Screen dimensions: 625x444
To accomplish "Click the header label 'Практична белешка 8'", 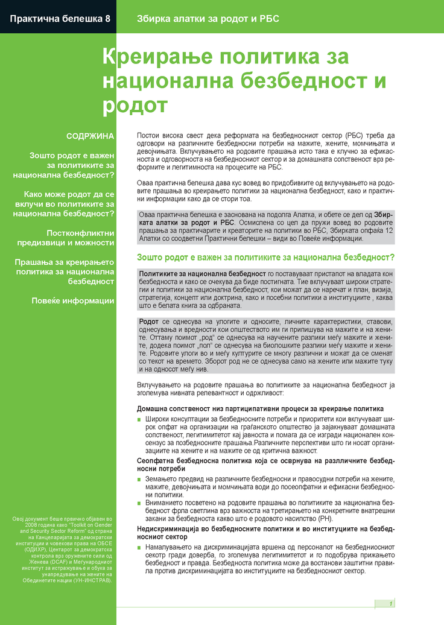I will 60,19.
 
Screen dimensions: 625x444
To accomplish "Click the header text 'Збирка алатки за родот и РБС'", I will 208,19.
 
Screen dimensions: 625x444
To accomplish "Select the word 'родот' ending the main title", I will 135,104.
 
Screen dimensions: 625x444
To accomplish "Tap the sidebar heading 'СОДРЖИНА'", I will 90,136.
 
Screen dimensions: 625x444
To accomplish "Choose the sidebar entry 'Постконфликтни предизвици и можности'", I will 80,237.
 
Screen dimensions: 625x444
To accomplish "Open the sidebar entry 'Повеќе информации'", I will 73,300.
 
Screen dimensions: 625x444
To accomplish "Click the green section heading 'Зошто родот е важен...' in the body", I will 266,258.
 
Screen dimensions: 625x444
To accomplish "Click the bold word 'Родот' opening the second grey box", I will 148,322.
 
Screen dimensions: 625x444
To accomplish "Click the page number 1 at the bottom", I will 390,604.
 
